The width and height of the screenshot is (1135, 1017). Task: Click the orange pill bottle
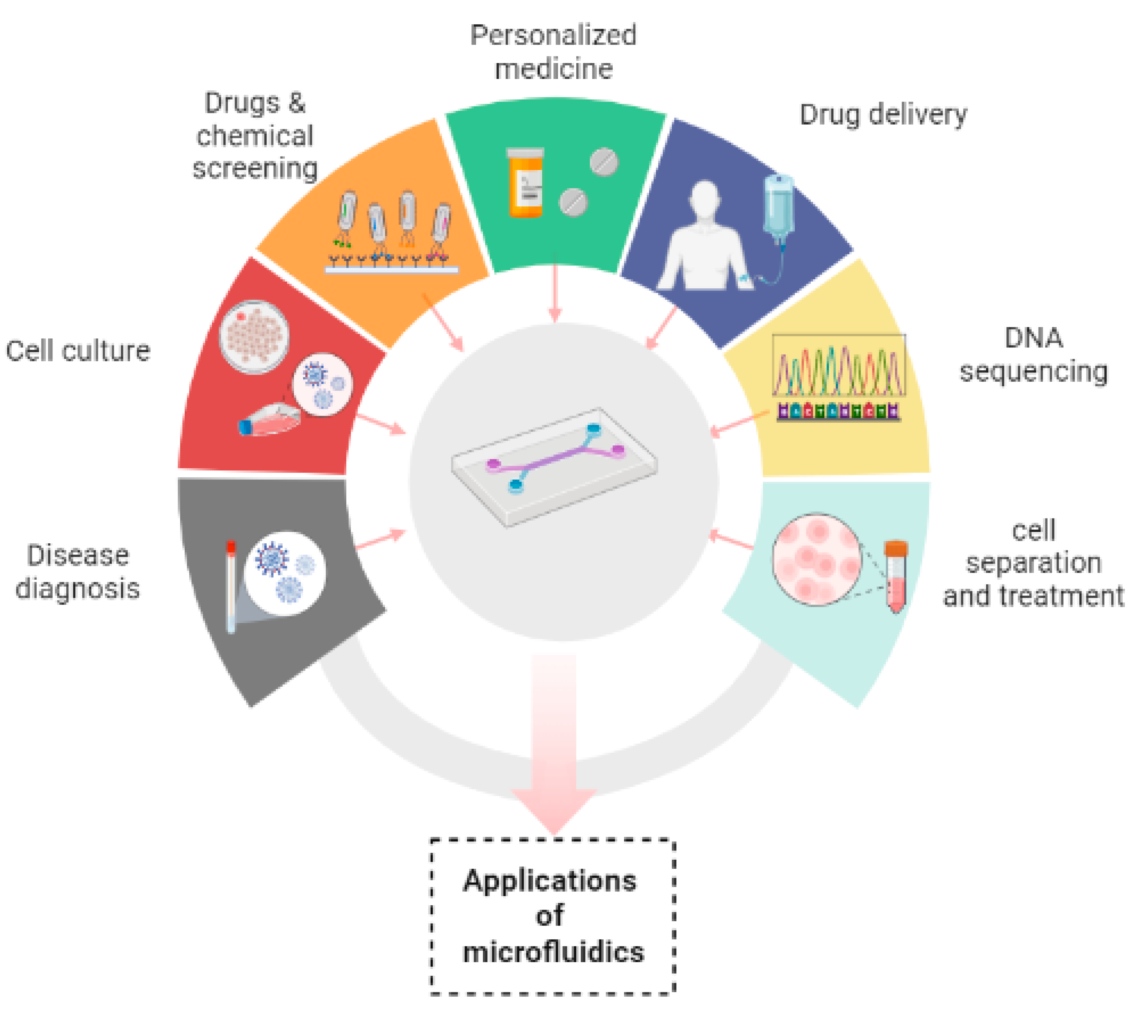click(x=525, y=183)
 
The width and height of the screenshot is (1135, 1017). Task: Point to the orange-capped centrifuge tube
click(x=896, y=576)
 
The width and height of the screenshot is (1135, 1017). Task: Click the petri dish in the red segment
click(x=254, y=337)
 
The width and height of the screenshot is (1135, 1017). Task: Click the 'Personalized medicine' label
click(x=553, y=51)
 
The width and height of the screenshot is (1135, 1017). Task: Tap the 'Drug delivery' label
click(x=883, y=115)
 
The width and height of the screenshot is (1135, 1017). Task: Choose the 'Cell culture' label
click(x=78, y=351)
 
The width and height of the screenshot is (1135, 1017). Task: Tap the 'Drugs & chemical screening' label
click(x=255, y=136)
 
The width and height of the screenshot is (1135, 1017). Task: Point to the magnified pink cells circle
click(x=816, y=559)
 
